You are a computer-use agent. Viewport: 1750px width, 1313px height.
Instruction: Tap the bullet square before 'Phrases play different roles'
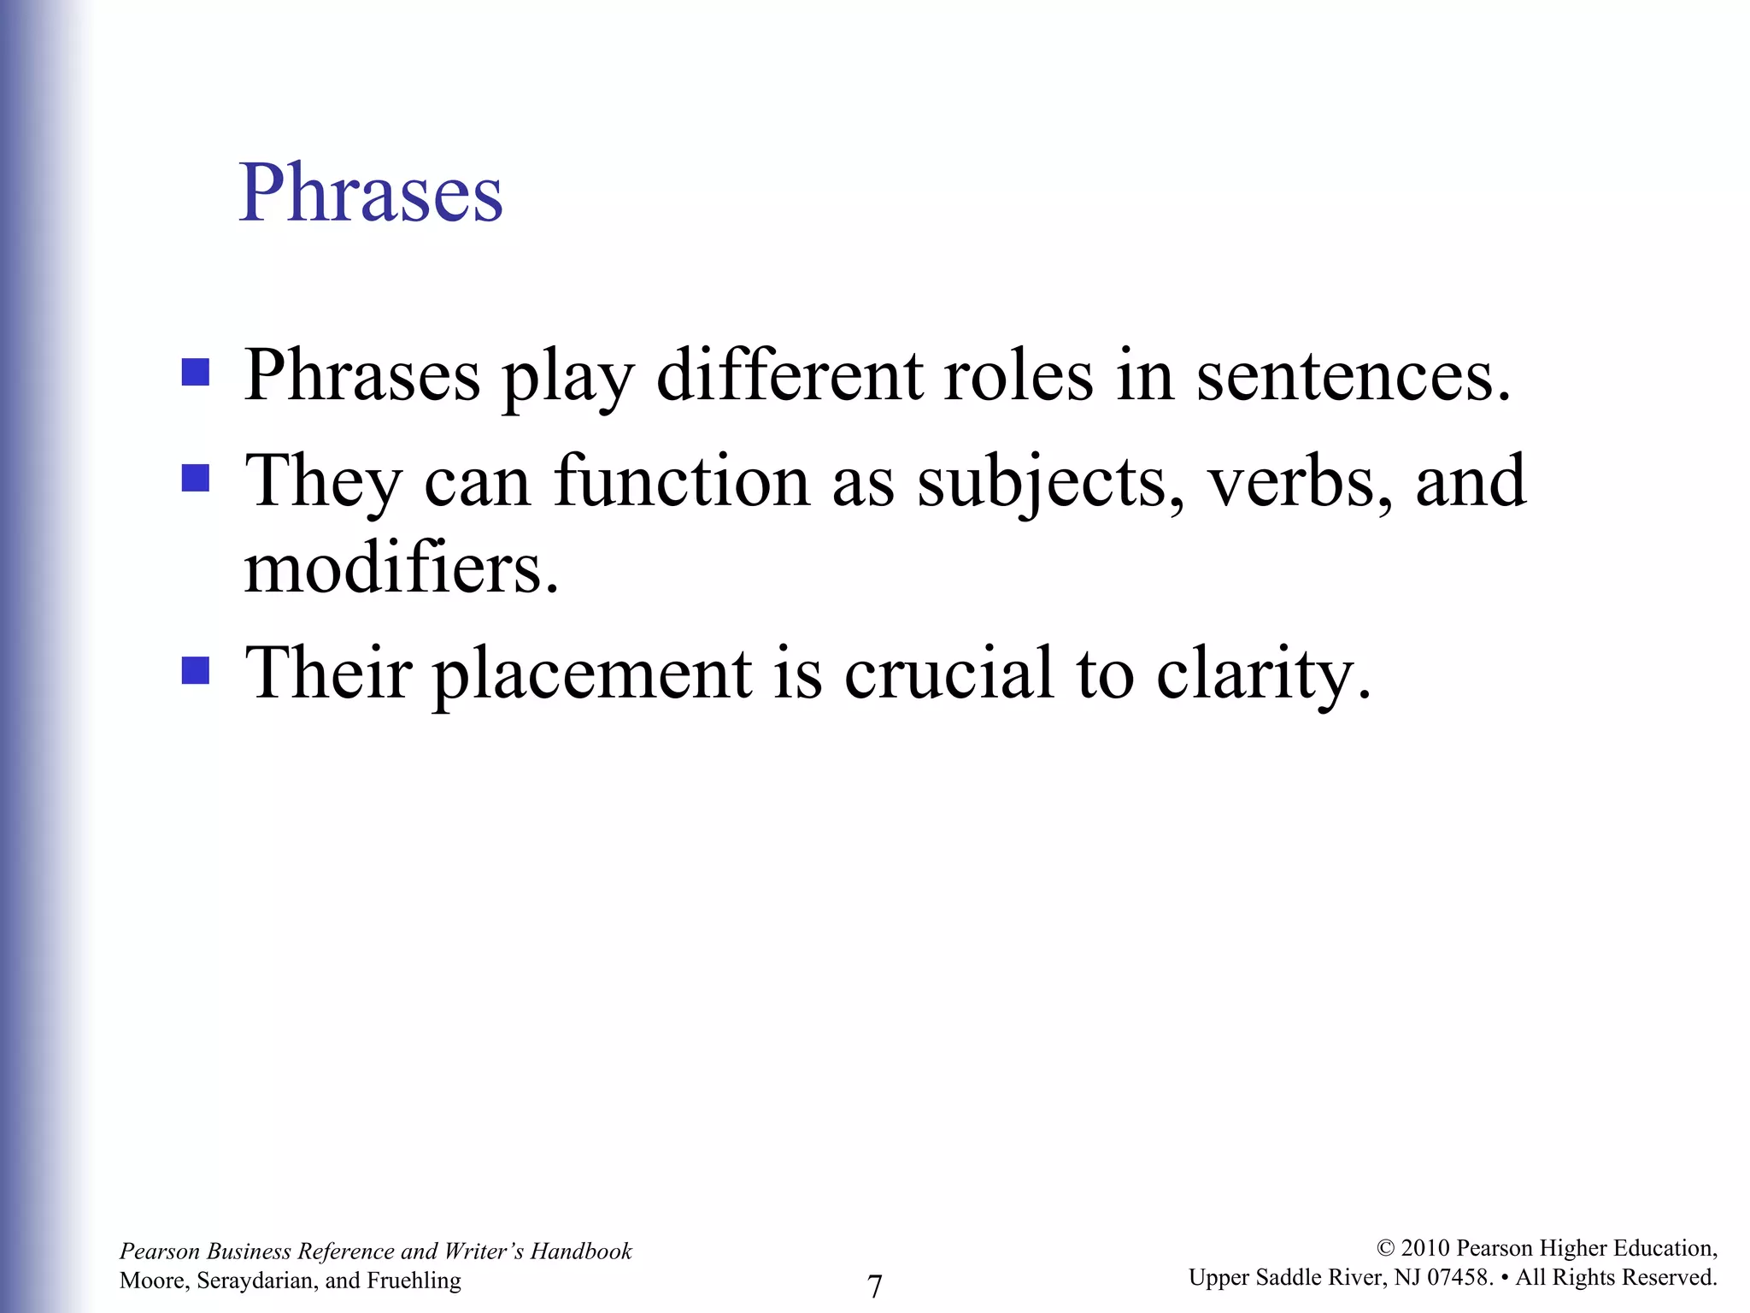[x=196, y=374]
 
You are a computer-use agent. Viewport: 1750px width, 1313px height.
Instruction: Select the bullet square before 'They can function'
[x=196, y=479]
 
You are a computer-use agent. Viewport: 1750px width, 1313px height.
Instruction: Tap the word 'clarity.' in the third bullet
[x=1264, y=674]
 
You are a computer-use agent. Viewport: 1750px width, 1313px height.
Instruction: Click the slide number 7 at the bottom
[x=875, y=1286]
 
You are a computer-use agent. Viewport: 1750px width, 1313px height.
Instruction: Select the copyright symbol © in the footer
[x=1386, y=1249]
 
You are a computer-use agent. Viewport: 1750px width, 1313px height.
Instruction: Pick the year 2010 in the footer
[x=1425, y=1249]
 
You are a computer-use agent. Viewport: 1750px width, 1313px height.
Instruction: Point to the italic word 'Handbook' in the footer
[x=581, y=1251]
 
